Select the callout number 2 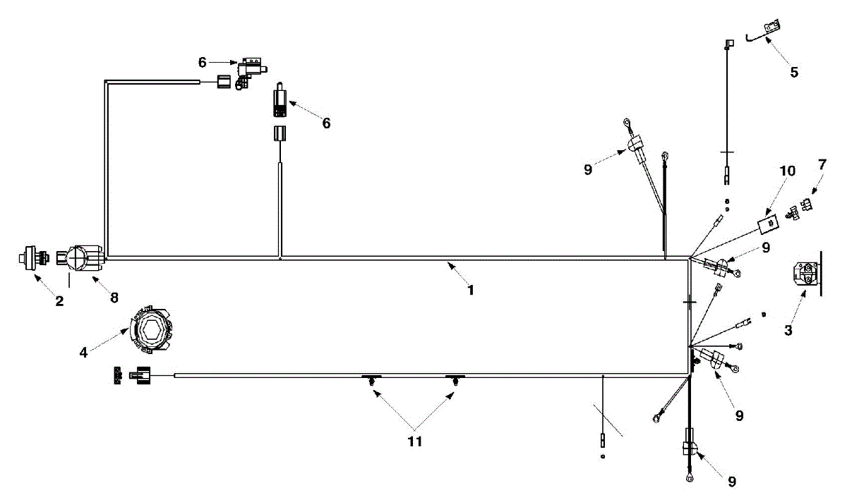[59, 301]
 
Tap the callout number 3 [788, 329]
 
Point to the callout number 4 [83, 350]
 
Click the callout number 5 [794, 72]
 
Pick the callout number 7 [822, 164]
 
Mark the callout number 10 [788, 171]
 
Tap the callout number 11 [414, 441]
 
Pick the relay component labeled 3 [803, 273]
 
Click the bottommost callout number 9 [732, 482]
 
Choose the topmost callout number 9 [589, 169]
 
